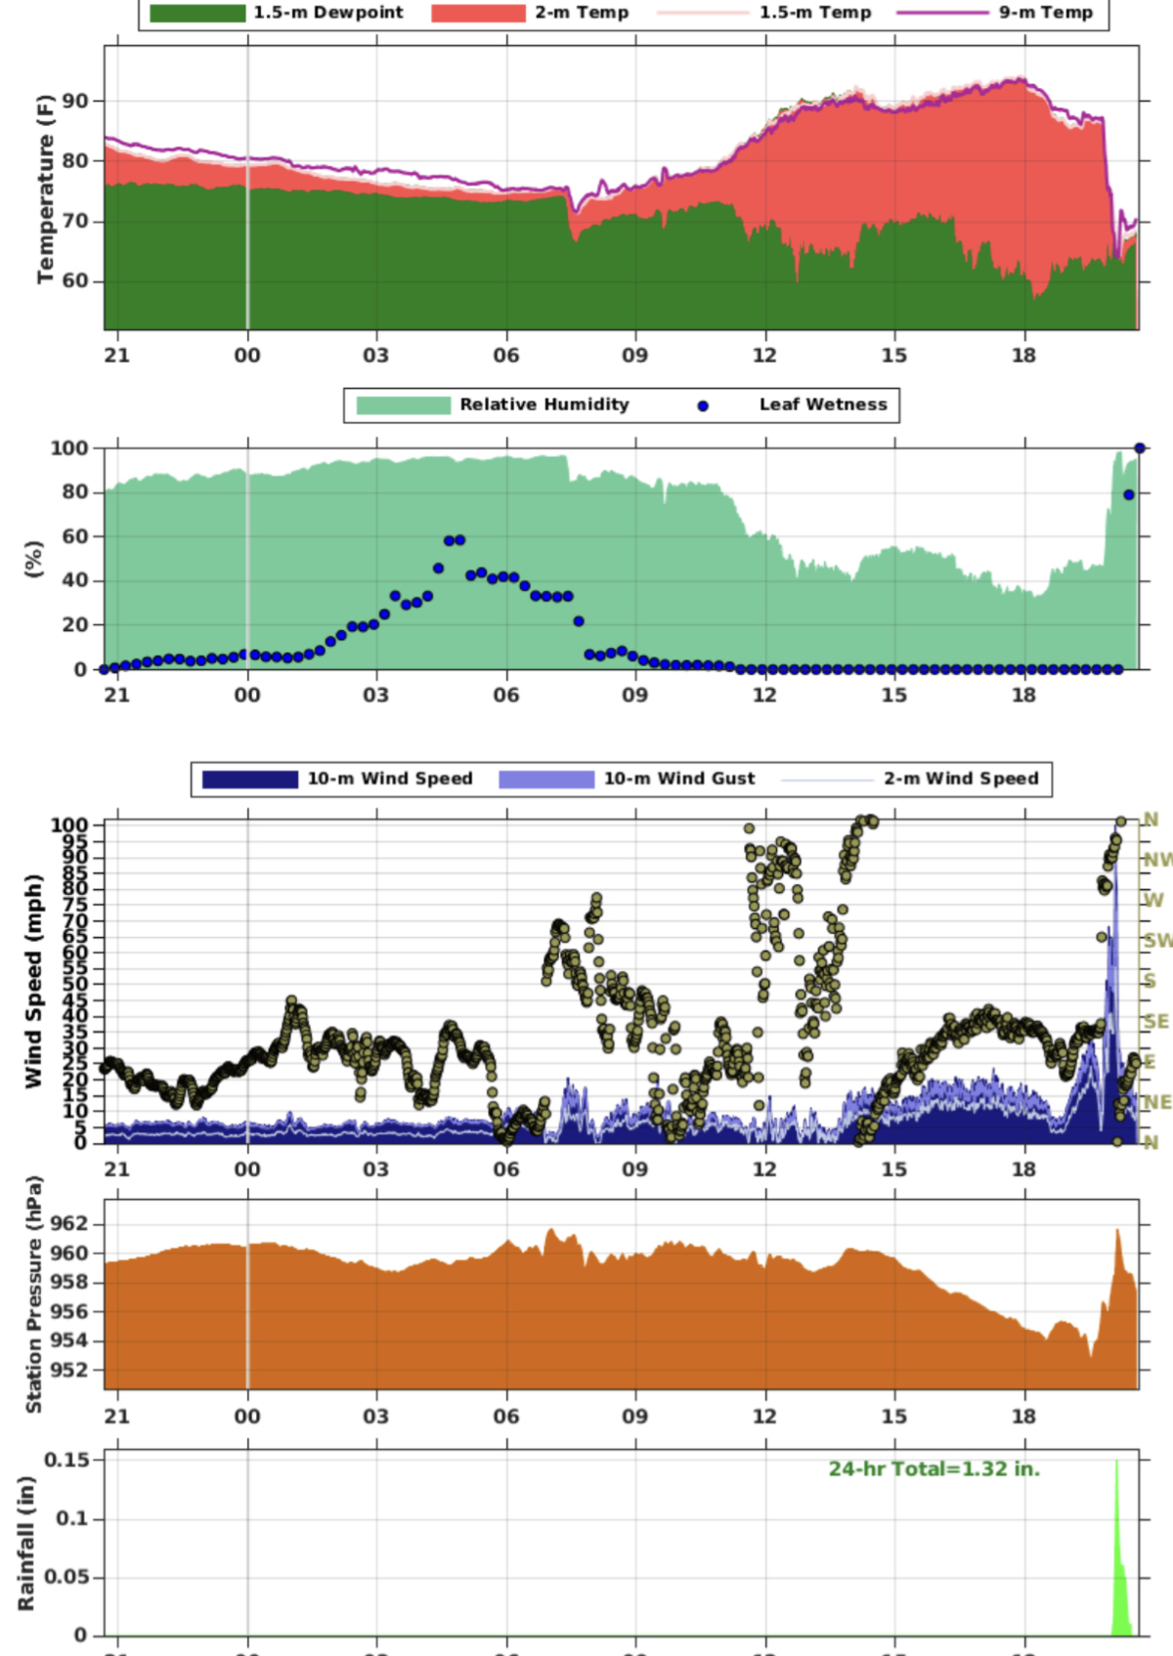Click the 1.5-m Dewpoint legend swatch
point(197,13)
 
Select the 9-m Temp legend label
point(1045,13)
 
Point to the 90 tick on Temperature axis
point(75,101)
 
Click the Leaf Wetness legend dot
point(703,405)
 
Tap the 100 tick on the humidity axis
point(69,448)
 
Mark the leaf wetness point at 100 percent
point(1140,448)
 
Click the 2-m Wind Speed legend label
point(961,779)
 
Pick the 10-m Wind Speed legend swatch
point(249,779)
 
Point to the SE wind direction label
point(1155,1021)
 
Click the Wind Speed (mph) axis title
point(33,981)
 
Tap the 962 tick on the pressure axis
point(69,1224)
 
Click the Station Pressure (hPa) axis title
point(33,1295)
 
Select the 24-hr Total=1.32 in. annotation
point(934,1469)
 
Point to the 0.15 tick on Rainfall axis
point(66,1460)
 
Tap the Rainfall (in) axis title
point(26,1544)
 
